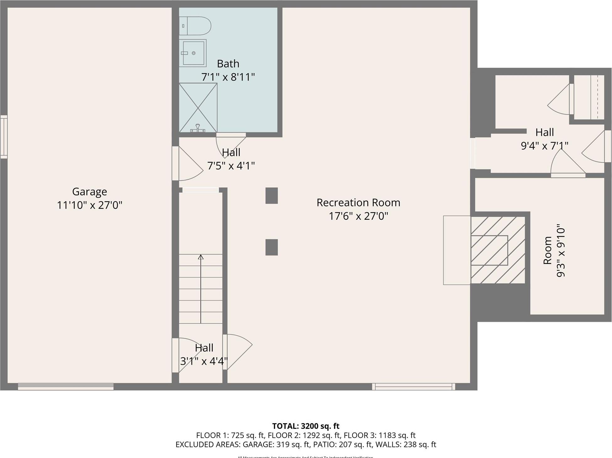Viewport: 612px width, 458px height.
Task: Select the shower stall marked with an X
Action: [x=198, y=108]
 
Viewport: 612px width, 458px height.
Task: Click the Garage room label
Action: [x=89, y=191]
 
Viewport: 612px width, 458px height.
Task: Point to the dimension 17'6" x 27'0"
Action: [x=358, y=216]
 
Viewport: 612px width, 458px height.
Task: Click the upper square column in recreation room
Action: [x=271, y=196]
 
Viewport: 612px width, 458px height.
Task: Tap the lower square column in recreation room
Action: [x=271, y=247]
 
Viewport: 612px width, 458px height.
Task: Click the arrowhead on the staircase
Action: [x=201, y=257]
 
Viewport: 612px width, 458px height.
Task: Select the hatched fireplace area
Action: [x=498, y=250]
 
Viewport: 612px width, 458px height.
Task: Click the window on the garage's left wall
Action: [x=4, y=137]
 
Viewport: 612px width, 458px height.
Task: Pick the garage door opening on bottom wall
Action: [x=66, y=387]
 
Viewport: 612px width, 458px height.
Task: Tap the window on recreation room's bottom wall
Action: [x=413, y=387]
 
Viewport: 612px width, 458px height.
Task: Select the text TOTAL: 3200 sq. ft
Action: [x=306, y=426]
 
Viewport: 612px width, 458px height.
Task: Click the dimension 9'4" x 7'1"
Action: [x=544, y=146]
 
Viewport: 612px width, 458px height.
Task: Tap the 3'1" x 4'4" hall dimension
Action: [x=204, y=361]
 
